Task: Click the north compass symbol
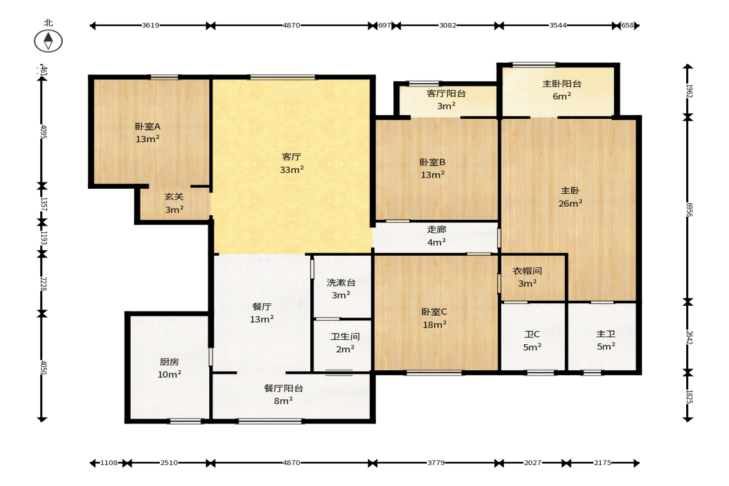(48, 41)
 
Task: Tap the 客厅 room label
(292, 157)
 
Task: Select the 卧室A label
(148, 126)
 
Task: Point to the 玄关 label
(174, 197)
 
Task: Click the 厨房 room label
(169, 362)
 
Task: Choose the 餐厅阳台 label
(284, 388)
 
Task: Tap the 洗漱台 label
(341, 282)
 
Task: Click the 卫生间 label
(346, 336)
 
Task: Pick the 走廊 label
(437, 230)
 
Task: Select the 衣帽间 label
(527, 271)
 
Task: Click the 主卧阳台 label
(562, 84)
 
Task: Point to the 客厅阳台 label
(447, 93)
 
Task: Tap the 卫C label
(532, 334)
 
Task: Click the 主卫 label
(606, 334)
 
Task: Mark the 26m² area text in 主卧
(570, 204)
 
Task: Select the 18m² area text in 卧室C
(435, 325)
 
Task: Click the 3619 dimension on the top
(151, 25)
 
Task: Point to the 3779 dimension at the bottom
(436, 462)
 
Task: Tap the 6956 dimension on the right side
(689, 209)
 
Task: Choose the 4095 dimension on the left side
(43, 131)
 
